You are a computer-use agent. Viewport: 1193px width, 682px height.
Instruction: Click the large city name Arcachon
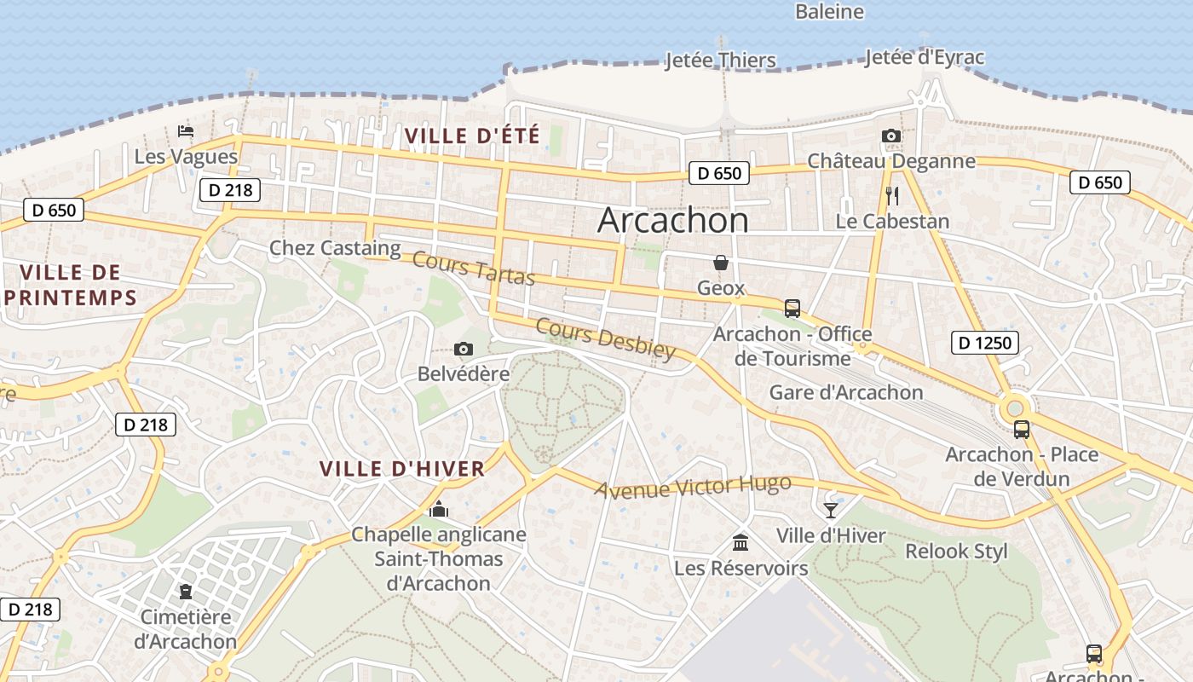pos(673,220)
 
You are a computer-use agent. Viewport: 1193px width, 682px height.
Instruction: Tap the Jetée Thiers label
pos(720,61)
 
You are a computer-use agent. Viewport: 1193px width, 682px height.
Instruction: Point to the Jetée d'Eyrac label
pos(925,58)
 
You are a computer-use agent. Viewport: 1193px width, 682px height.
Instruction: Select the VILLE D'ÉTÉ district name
pos(472,136)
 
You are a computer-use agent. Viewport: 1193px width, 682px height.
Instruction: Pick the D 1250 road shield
pos(984,343)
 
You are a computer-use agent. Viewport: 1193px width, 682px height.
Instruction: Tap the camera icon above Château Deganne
pos(891,136)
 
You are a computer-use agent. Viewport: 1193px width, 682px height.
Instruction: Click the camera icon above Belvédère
pos(464,349)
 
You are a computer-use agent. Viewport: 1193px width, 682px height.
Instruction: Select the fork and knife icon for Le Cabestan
pos(892,196)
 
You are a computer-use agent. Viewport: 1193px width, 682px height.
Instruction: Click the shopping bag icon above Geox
pos(721,263)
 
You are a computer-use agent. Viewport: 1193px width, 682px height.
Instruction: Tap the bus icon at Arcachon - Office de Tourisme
pos(792,309)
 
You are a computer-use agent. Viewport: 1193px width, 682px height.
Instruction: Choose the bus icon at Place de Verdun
pos(1022,430)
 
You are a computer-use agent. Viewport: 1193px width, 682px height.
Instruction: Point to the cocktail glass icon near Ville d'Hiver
pos(831,511)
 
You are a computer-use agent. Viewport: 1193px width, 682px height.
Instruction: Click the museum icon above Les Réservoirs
pos(741,542)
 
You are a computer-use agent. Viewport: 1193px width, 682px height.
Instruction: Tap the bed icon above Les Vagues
pos(186,131)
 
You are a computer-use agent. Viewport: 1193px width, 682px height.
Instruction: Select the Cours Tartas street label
pos(474,269)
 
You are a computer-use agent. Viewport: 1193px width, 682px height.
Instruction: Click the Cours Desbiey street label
pos(606,338)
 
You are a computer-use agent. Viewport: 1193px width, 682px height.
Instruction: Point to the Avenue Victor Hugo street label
pos(693,487)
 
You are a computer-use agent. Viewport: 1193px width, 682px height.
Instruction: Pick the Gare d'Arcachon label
pos(846,392)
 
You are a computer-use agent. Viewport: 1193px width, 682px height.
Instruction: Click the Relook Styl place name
pos(956,551)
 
